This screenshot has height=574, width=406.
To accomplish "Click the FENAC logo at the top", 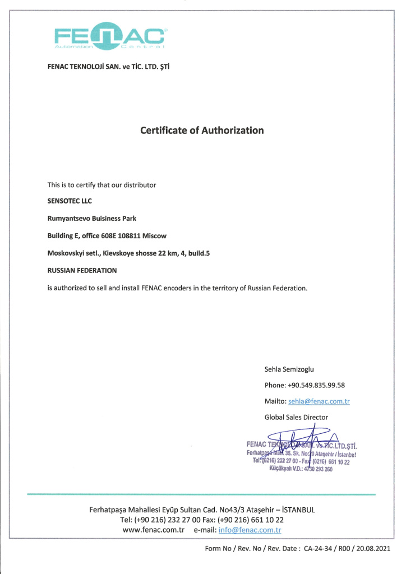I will coord(109,37).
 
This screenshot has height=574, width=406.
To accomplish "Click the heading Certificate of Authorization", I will coord(202,131).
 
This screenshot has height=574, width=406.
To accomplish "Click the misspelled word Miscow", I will coord(155,235).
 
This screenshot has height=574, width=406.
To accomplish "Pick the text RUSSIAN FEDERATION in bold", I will coord(82,270).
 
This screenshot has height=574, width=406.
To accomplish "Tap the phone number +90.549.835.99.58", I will coord(316,385).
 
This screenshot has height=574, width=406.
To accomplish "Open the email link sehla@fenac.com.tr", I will coord(319,401).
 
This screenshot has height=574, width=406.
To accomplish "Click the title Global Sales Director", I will coord(296,417).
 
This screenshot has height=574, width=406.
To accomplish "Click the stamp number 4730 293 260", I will coord(315,470).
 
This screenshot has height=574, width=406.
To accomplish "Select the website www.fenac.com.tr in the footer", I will coord(154,530).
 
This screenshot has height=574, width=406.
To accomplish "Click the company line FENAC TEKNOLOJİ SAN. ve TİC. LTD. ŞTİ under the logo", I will coord(108,67).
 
